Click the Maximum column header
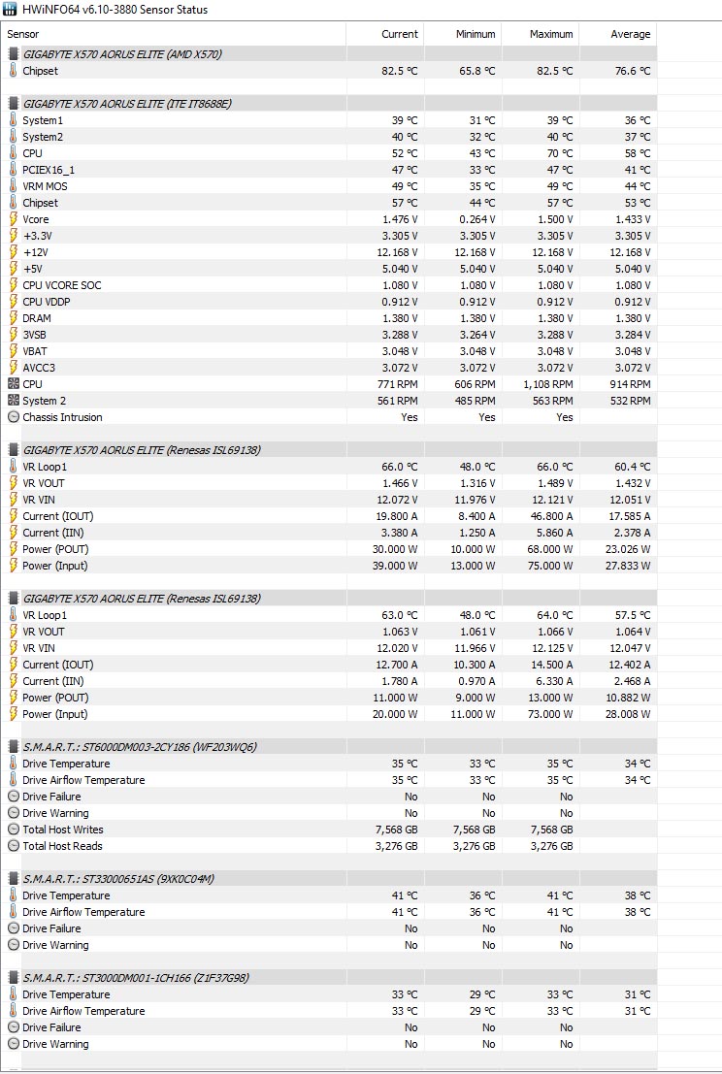551,34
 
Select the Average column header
630,34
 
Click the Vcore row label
36,219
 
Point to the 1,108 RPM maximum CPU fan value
550,384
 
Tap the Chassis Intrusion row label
62,417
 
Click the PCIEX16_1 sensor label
49,170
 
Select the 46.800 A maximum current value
550,516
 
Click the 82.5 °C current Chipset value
399,71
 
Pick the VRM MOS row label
46,186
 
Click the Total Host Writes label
63,830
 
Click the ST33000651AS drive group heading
118,879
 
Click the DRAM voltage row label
37,318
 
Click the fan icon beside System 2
14,401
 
